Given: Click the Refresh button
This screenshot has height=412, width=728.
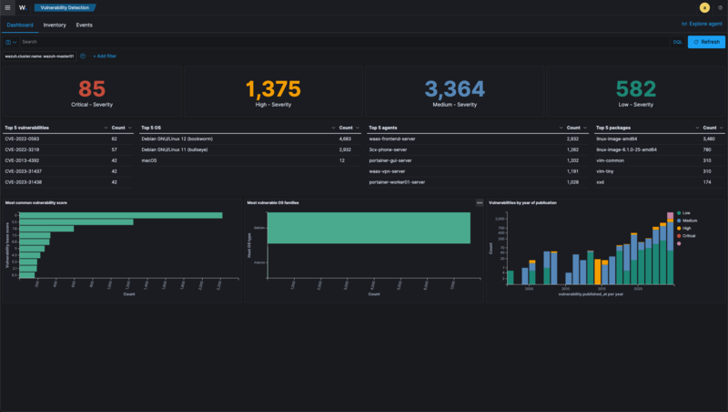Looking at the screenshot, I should pyautogui.click(x=706, y=42).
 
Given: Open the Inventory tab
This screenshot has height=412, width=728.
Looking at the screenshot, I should pyautogui.click(x=55, y=25).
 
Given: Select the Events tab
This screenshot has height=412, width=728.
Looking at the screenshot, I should pyautogui.click(x=84, y=25).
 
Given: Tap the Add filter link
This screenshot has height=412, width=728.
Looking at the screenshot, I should pyautogui.click(x=105, y=57).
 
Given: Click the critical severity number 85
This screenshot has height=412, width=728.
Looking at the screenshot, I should pyautogui.click(x=92, y=89).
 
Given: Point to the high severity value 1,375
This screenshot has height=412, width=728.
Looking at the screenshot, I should pyautogui.click(x=273, y=89).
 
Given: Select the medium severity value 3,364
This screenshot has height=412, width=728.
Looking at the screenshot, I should pyautogui.click(x=454, y=89).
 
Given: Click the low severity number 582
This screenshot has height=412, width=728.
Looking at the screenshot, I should pyautogui.click(x=635, y=89).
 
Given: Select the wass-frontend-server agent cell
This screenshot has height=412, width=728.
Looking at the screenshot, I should pyautogui.click(x=392, y=138).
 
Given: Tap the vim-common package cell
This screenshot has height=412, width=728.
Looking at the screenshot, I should pyautogui.click(x=611, y=160).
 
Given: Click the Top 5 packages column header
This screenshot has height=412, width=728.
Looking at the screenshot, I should pyautogui.click(x=614, y=128).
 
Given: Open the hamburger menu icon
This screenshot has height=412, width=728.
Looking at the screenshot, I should pyautogui.click(x=8, y=7).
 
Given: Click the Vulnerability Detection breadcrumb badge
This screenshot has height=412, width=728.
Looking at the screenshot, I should pyautogui.click(x=65, y=7).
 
